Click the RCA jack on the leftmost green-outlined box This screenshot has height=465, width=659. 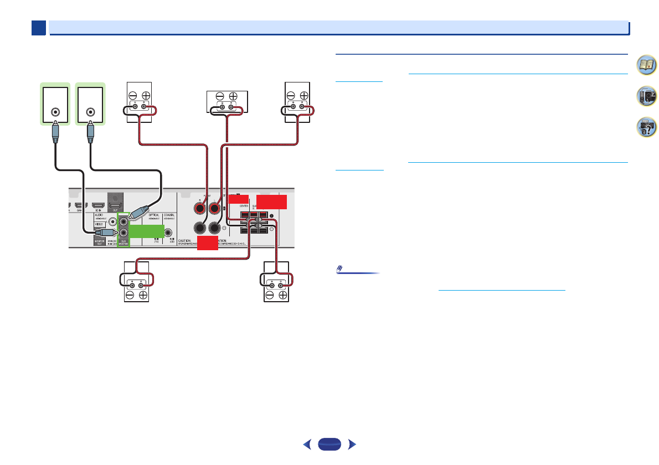[x=55, y=111]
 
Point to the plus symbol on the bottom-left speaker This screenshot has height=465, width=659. [x=143, y=295]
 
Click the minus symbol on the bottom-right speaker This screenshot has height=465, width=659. [x=270, y=295]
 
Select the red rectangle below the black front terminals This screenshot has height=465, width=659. [x=208, y=243]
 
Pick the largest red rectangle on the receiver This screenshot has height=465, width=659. [x=271, y=201]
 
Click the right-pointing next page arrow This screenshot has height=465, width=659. [x=352, y=444]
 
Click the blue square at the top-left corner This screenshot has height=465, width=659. [x=38, y=28]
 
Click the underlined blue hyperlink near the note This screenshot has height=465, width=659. [x=502, y=289]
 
